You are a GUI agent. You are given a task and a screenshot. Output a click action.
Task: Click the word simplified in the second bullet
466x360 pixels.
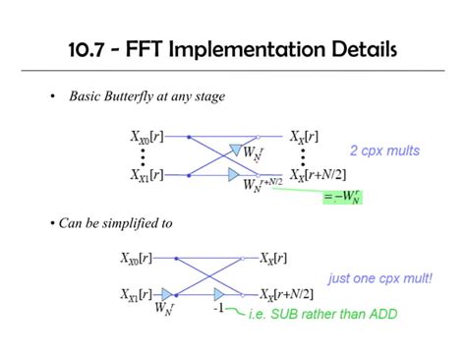[129, 223]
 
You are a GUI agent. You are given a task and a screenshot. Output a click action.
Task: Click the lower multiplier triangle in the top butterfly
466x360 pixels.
[233, 174]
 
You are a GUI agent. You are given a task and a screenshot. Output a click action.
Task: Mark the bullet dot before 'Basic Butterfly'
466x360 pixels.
[51, 97]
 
